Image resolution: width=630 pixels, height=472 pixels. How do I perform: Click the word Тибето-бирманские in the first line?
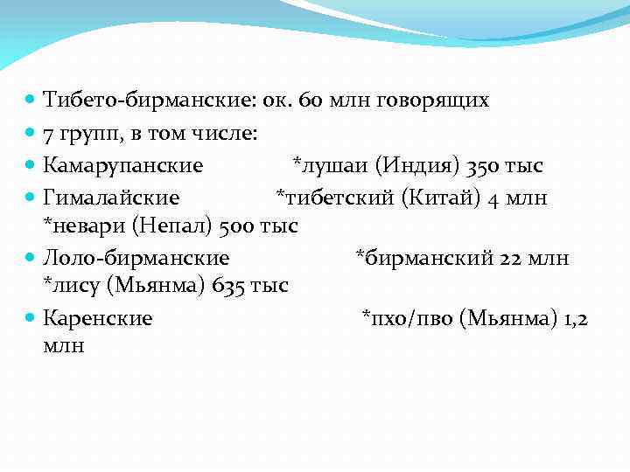[x=148, y=101]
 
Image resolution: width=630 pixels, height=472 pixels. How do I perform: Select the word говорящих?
[x=432, y=101]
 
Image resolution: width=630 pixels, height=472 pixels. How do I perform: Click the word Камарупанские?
[x=123, y=165]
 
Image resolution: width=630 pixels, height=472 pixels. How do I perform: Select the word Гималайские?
[x=112, y=198]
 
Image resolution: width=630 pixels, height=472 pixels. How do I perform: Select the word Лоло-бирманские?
[x=136, y=258]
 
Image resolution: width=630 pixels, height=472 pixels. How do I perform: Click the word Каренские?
[x=98, y=317]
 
